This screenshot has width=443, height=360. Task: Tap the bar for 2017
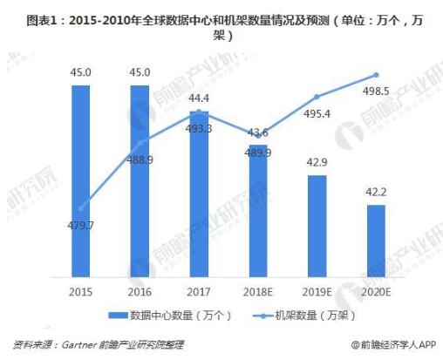(x=199, y=192)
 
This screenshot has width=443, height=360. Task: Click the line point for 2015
(x=81, y=208)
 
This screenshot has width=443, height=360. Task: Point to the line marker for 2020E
(x=376, y=75)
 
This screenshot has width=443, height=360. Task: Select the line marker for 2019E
(x=317, y=96)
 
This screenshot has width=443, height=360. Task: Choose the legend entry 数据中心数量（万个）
(x=165, y=314)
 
